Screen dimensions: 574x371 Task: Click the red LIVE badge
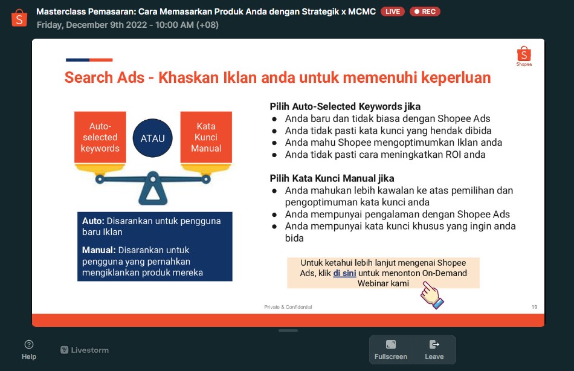392,11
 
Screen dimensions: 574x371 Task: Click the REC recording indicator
425,11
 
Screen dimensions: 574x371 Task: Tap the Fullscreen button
390,350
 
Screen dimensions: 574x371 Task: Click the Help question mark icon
29,344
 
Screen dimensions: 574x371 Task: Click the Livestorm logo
85,350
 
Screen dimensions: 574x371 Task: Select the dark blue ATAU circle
153,138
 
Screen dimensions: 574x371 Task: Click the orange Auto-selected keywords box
100,137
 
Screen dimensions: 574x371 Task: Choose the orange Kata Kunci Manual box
206,137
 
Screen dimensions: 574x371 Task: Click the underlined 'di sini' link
344,273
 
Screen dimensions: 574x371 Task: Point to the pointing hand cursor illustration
431,295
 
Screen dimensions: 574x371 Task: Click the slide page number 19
535,307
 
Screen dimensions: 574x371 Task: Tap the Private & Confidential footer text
288,307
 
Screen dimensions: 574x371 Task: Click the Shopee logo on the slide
524,56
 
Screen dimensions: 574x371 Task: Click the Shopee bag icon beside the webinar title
19,18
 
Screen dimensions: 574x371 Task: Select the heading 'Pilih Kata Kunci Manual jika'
332,178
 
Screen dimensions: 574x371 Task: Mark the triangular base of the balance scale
153,190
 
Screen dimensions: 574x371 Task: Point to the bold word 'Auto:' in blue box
93,221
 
